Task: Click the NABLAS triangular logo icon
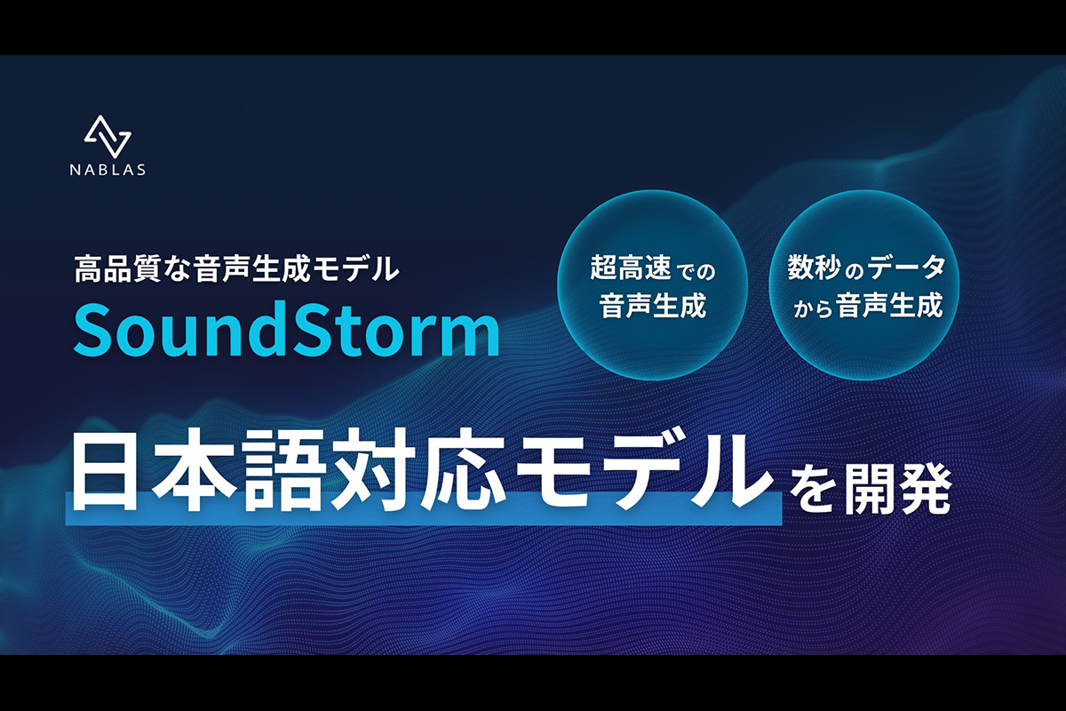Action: click(107, 137)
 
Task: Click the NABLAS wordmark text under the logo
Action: click(107, 170)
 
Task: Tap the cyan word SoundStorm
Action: click(286, 329)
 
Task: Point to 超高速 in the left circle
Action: click(631, 268)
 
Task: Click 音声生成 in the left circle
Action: click(652, 305)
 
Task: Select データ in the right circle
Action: click(906, 268)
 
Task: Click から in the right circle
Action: click(813, 308)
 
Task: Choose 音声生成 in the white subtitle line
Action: click(250, 268)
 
